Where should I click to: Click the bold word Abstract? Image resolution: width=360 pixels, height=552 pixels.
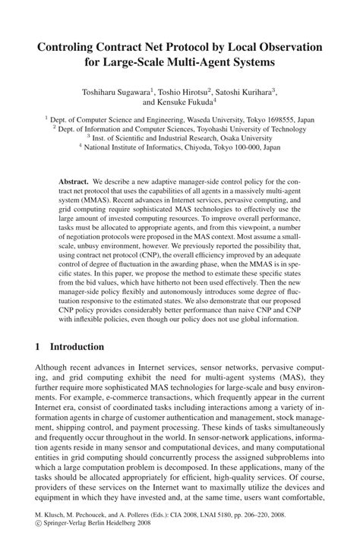click(x=73, y=184)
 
